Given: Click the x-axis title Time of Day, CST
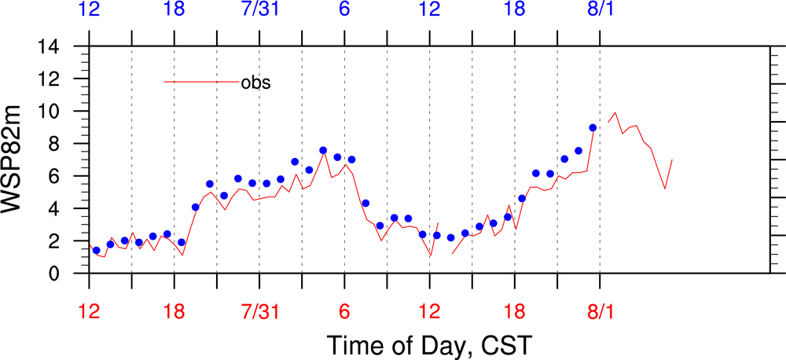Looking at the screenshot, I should tap(429, 344).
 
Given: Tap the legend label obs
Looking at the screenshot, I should tap(255, 82).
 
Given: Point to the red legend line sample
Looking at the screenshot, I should tap(201, 82).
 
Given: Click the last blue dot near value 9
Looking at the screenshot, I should tap(593, 127).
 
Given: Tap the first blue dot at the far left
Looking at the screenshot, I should tap(96, 250).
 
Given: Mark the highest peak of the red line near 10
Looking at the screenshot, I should tap(615, 112).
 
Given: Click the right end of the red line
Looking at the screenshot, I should tap(672, 160).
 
